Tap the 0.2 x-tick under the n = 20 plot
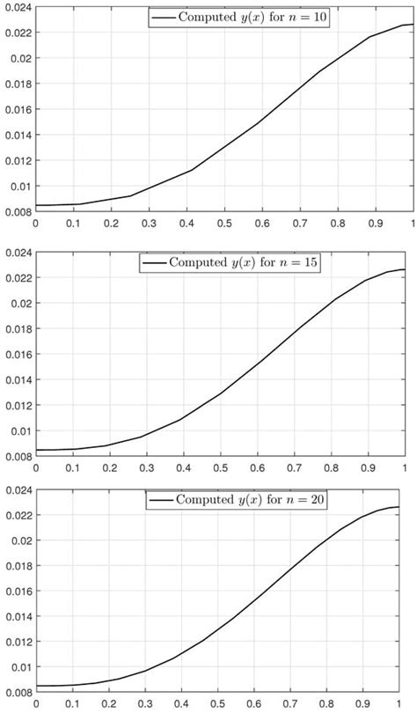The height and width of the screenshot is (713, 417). (x=110, y=705)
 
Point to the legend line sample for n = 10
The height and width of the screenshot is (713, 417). (x=162, y=18)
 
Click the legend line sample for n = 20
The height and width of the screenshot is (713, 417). (x=162, y=499)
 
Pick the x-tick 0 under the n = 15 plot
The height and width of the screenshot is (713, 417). (x=35, y=467)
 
